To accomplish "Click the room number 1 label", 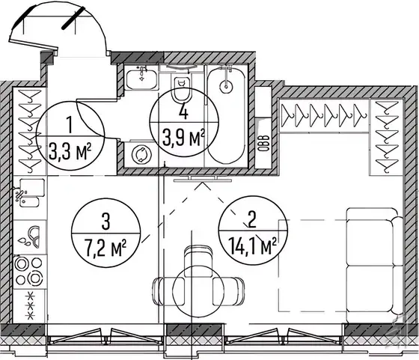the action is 70,125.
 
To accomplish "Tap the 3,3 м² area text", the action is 70,151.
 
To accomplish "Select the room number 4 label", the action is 183,112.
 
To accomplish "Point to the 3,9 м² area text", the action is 183,137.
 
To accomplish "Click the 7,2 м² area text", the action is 105,247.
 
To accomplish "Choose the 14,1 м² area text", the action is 253,246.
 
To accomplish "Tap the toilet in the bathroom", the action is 182,89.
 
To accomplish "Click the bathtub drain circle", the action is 226,86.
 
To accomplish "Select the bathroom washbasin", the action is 141,78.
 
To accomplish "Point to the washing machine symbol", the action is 141,154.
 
